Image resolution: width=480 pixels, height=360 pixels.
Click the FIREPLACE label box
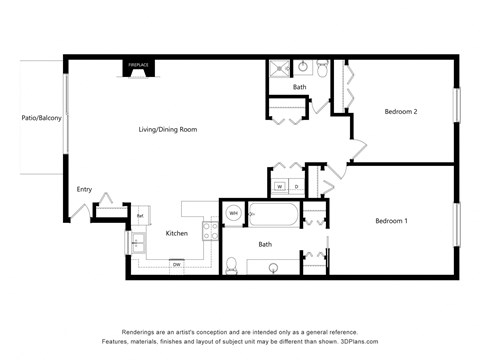pyautogui.click(x=137, y=66)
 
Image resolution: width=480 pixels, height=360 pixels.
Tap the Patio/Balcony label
pyautogui.click(x=41, y=118)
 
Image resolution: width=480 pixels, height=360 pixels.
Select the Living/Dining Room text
pyautogui.click(x=167, y=129)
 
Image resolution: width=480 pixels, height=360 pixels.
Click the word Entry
pyautogui.click(x=84, y=189)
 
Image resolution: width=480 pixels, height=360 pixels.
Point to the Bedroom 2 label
pyautogui.click(x=401, y=112)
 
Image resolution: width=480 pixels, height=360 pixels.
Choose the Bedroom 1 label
pyautogui.click(x=391, y=220)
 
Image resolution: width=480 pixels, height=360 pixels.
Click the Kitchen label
pyautogui.click(x=177, y=233)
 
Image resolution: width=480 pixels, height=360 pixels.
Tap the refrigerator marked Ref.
pyautogui.click(x=140, y=214)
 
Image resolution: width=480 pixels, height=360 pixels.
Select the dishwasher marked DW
pyautogui.click(x=176, y=264)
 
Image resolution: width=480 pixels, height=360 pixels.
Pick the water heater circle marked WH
pyautogui.click(x=233, y=213)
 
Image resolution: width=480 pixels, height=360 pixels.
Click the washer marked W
pyautogui.click(x=280, y=187)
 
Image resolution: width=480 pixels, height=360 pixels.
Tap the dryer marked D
pyautogui.click(x=296, y=187)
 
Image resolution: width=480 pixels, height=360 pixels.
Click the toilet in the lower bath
pyautogui.click(x=232, y=265)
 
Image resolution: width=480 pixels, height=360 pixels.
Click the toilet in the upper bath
pyautogui.click(x=323, y=68)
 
